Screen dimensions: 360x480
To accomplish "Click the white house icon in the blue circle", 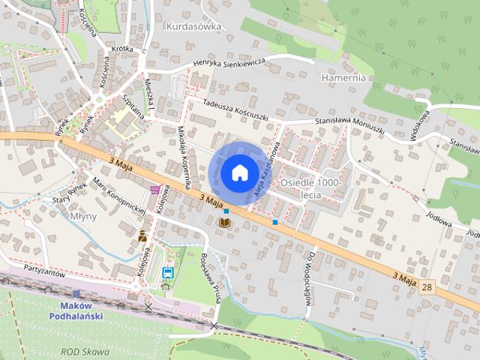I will pos(239,172).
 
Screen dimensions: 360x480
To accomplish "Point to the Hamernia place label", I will pos(343,77).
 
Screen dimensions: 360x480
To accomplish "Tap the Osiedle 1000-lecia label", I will pos(310,188).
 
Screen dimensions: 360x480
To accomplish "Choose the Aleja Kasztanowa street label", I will pos(268,170).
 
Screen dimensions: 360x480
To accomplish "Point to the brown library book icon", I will pos(224,223).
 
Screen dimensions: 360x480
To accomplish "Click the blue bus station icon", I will pos(167,272).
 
